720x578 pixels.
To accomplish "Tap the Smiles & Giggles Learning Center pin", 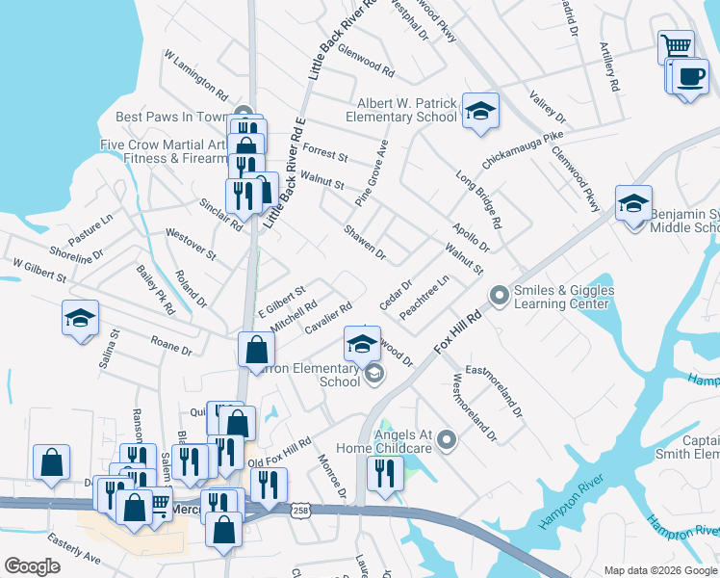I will click(x=499, y=295).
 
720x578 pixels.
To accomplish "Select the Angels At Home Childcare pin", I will click(x=446, y=441).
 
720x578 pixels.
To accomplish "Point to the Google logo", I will click(x=33, y=566).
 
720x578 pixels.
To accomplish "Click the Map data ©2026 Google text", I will click(x=659, y=570).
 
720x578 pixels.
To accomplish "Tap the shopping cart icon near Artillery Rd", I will click(x=676, y=45).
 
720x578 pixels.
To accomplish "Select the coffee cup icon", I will click(x=689, y=77).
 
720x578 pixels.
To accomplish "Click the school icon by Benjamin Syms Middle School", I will click(x=633, y=204).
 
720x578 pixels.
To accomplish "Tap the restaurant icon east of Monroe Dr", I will click(x=384, y=473).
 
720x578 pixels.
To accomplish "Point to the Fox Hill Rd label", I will click(x=460, y=330).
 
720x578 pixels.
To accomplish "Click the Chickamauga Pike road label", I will click(x=523, y=150).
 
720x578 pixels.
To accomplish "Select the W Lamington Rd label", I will click(x=195, y=77).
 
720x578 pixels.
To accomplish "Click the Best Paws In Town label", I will click(x=170, y=117).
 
